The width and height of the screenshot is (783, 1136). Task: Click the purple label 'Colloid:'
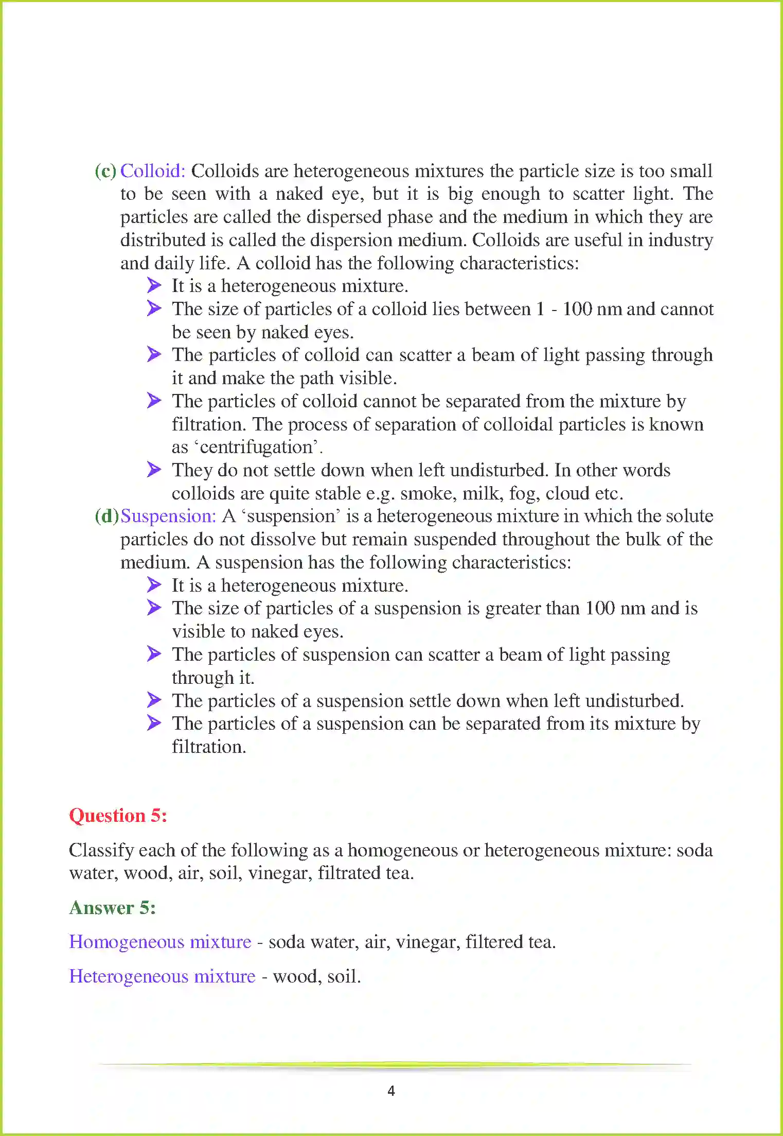coord(152,171)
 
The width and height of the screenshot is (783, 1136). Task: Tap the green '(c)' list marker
coord(105,171)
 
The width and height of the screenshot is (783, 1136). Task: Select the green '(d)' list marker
coord(106,516)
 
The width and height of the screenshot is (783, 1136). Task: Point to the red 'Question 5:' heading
coord(118,816)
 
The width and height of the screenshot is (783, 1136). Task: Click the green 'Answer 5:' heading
coord(112,907)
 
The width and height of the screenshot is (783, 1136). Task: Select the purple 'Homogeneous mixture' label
coord(160,942)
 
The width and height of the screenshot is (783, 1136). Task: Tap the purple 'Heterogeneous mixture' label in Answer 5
coord(162,976)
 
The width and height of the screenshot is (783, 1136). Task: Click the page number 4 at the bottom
coord(391,1091)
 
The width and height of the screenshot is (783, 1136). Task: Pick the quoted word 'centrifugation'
coord(256,447)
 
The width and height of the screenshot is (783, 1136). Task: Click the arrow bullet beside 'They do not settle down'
coord(154,470)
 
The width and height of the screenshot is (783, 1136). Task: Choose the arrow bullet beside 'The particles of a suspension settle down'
coord(154,700)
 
